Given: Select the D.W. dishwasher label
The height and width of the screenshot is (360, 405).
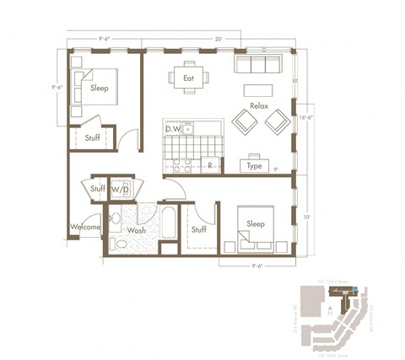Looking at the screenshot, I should tap(174, 129).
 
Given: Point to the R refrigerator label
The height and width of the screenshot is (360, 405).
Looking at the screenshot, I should tap(208, 166).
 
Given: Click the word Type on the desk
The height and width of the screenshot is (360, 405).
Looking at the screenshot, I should tap(254, 166).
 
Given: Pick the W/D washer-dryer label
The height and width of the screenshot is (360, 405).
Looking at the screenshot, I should tap(120, 190).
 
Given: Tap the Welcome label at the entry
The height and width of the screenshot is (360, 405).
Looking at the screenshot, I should tap(86, 227).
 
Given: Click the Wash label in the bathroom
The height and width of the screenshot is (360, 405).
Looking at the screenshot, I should tap(137, 229).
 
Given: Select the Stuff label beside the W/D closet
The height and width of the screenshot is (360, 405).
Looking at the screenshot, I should tap(98, 190).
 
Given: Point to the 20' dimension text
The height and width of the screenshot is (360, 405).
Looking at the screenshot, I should tap(219, 38).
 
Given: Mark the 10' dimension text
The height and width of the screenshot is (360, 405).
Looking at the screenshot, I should tap(309, 217).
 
